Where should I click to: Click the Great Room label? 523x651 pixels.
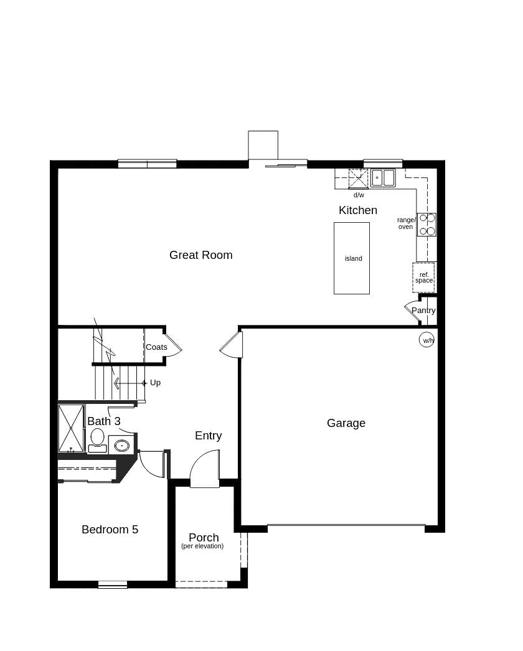pyautogui.click(x=200, y=255)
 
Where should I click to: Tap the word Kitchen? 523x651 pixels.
pyautogui.click(x=357, y=210)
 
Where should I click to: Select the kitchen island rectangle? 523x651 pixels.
pyautogui.click(x=352, y=258)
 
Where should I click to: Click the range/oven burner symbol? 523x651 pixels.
pyautogui.click(x=426, y=225)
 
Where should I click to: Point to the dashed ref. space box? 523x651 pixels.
pyautogui.click(x=423, y=278)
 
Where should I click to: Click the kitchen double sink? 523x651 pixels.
pyautogui.click(x=383, y=178)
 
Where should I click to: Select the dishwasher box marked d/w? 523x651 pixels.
pyautogui.click(x=358, y=179)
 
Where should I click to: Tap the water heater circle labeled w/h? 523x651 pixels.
pyautogui.click(x=426, y=340)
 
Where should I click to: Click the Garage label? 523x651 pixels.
pyautogui.click(x=346, y=423)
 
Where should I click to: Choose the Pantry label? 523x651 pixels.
pyautogui.click(x=423, y=311)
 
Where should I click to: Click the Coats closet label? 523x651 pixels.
pyautogui.click(x=156, y=347)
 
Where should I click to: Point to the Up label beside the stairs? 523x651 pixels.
pyautogui.click(x=155, y=383)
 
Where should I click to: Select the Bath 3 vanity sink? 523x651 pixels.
pyautogui.click(x=121, y=446)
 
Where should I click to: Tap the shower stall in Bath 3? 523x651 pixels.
pyautogui.click(x=71, y=428)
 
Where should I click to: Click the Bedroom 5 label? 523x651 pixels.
pyautogui.click(x=110, y=530)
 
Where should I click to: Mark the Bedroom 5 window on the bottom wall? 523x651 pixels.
pyautogui.click(x=113, y=584)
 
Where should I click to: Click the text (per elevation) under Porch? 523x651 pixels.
pyautogui.click(x=202, y=546)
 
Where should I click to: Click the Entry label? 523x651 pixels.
pyautogui.click(x=208, y=436)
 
